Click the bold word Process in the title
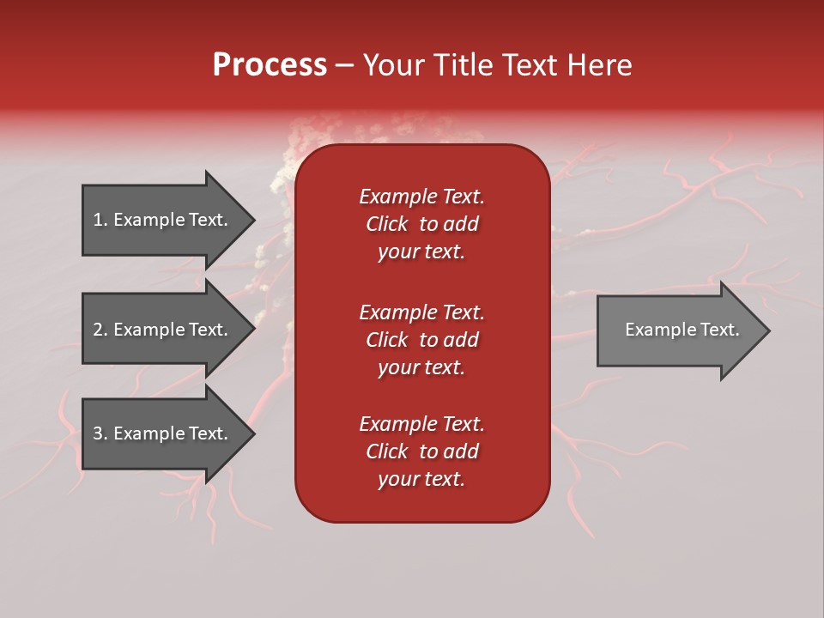click(270, 65)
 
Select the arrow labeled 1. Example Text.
click(161, 220)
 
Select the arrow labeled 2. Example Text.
click(161, 330)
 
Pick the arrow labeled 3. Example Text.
click(161, 433)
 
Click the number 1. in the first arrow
click(100, 220)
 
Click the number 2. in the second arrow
click(100, 330)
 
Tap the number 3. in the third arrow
click(100, 433)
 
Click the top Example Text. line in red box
click(421, 197)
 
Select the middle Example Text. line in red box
click(421, 312)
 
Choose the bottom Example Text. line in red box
click(421, 424)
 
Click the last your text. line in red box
click(421, 479)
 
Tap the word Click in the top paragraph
click(386, 224)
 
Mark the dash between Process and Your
click(344, 66)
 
